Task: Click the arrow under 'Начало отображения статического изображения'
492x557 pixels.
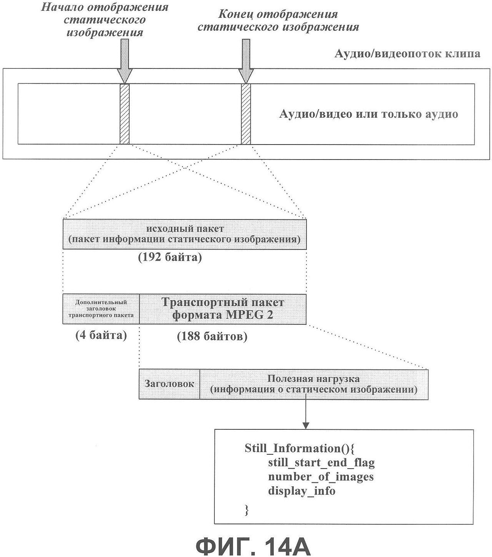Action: tap(124, 61)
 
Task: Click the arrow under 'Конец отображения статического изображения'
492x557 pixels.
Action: tap(246, 61)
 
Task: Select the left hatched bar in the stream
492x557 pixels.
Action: tap(124, 114)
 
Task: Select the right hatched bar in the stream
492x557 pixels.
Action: tap(246, 114)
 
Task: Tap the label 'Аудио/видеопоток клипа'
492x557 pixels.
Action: tap(407, 53)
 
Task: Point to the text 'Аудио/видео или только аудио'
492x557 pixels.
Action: tap(368, 114)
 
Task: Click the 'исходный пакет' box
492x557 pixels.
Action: tap(184, 234)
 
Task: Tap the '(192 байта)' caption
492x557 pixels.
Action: tap(170, 257)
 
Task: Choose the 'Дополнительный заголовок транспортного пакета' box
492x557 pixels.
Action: tap(101, 309)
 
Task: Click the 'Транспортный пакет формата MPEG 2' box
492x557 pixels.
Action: tap(223, 309)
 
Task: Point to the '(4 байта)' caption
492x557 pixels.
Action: tap(101, 335)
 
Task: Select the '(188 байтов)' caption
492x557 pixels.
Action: tap(212, 336)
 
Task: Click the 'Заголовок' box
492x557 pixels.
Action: tap(169, 384)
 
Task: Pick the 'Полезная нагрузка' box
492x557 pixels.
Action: tap(314, 384)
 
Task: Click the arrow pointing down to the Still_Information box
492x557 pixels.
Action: tap(306, 414)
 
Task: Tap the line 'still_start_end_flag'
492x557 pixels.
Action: tap(321, 463)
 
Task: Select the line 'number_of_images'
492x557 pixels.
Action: tap(321, 477)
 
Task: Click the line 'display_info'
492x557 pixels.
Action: tap(302, 491)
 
